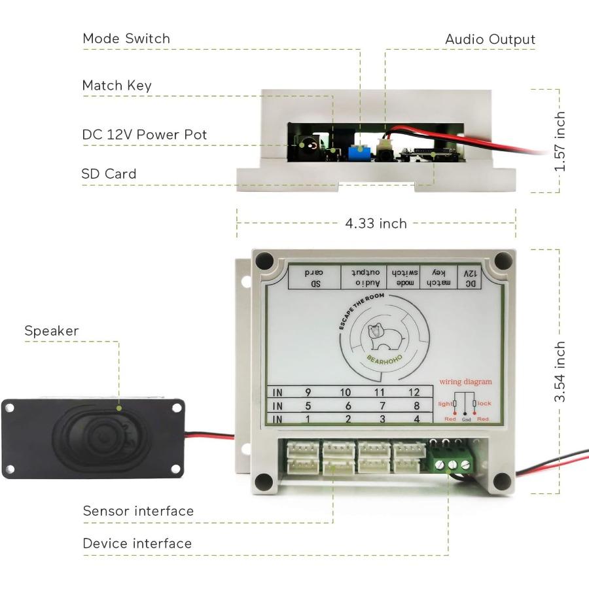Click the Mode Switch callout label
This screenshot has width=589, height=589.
[x=126, y=39]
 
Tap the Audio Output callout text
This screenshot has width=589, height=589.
[x=490, y=39]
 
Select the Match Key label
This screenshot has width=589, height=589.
[x=116, y=86]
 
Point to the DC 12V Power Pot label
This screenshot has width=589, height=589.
[x=144, y=135]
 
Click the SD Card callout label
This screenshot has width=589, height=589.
[x=109, y=174]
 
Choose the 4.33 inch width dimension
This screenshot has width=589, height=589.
[x=376, y=224]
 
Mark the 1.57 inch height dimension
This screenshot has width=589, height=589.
[x=560, y=141]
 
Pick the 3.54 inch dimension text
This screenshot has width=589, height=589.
[x=560, y=372]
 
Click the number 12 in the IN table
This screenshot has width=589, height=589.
[x=414, y=392]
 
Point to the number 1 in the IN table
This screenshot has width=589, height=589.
[x=308, y=419]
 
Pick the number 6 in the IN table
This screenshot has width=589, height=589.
[x=348, y=406]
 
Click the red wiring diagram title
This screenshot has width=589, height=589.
[x=465, y=382]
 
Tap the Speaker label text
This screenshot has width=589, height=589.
[x=51, y=331]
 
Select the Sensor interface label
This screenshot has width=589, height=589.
[x=138, y=511]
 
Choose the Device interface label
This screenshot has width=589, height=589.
[x=137, y=544]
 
